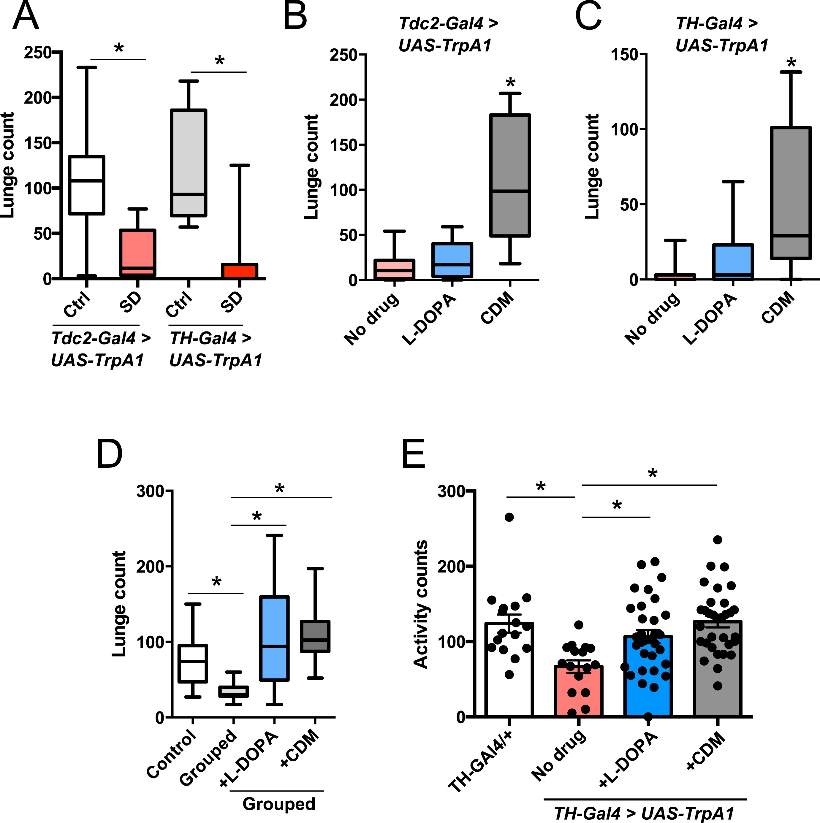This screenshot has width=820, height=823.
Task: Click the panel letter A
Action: point(26,16)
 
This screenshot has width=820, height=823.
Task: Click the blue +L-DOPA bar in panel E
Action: point(648,681)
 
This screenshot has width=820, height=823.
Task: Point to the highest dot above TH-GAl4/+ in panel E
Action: point(509,517)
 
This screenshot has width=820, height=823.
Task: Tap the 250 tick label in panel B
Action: point(343,55)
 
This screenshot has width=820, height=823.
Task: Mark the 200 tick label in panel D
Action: point(151,567)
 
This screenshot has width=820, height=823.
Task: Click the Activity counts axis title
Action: point(421,604)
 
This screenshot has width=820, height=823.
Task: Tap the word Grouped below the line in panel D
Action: point(279,803)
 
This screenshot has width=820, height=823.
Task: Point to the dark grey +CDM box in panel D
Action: point(315,636)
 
